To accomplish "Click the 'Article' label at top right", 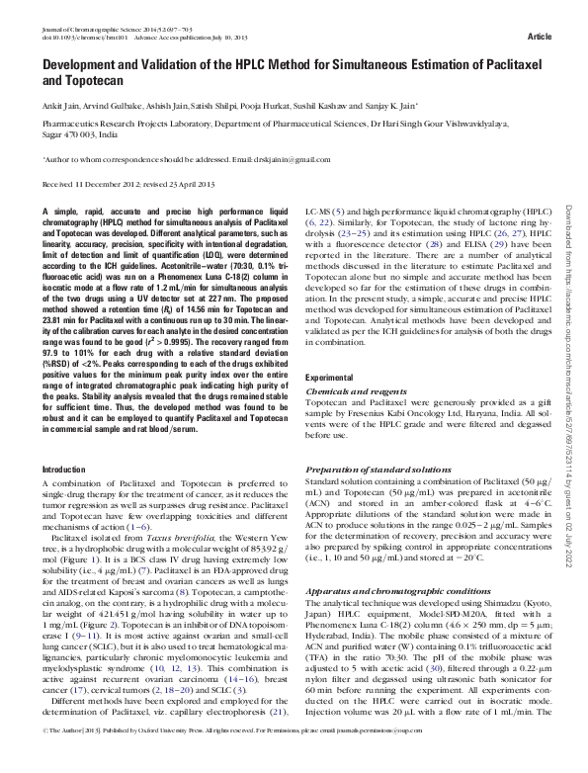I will click(x=540, y=37).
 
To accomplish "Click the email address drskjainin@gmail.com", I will click(x=287, y=158).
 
